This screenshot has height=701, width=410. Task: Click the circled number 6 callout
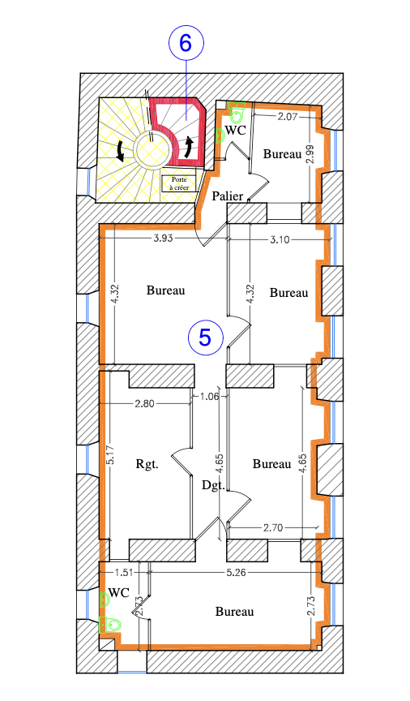point(186,43)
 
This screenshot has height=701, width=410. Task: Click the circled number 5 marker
point(206,337)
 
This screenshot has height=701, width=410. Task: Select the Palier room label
point(228,196)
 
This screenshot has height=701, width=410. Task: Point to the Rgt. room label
point(147,464)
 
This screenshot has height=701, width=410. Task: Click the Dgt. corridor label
point(213,485)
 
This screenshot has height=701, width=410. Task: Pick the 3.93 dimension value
point(163,238)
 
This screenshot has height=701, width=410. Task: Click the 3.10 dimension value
point(280,239)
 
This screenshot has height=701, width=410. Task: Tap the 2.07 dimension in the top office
point(287,117)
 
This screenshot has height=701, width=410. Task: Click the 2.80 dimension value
point(144,404)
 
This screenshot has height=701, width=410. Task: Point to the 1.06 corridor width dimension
point(210,396)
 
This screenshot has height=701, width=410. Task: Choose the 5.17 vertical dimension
point(112,454)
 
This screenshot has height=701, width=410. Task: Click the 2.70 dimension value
point(273,527)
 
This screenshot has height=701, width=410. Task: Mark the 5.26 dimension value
point(236,572)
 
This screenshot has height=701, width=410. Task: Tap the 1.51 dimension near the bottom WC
point(124,572)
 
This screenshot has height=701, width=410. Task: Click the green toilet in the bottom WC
point(109,624)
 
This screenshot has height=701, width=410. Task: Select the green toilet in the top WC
point(237,112)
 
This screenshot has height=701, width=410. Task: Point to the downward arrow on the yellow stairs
point(120,151)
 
